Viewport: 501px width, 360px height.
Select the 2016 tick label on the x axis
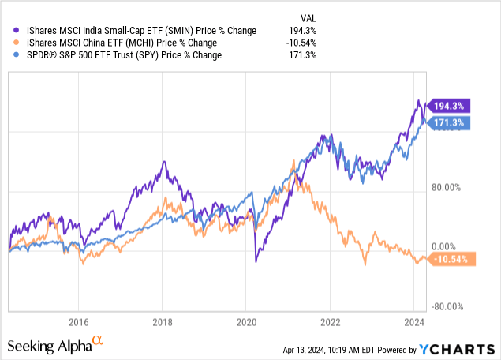pos(77,322)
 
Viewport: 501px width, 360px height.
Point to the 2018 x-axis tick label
pos(162,322)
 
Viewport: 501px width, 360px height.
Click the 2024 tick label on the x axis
pos(413,322)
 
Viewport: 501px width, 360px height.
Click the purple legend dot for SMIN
pos(10,30)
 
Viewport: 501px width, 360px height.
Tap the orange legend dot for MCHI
pos(10,43)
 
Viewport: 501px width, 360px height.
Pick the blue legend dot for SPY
pos(10,55)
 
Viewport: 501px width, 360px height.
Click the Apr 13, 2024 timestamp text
pos(331,348)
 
